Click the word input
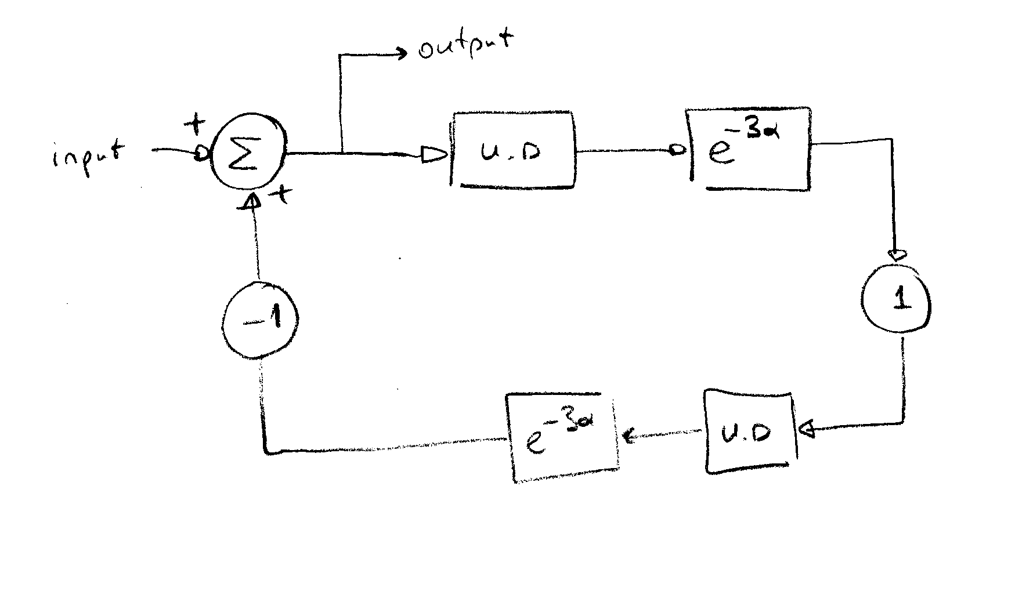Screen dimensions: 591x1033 point(88,155)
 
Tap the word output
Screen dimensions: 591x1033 point(465,46)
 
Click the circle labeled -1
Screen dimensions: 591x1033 point(261,320)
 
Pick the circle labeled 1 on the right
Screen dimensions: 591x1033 point(896,299)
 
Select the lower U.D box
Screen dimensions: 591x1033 point(749,432)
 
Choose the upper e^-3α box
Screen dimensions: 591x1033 point(749,150)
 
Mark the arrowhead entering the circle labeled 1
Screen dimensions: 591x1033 point(896,254)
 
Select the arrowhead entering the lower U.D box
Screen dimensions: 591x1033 point(807,430)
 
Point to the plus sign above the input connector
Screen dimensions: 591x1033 point(194,124)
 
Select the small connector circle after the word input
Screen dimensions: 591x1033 point(200,154)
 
